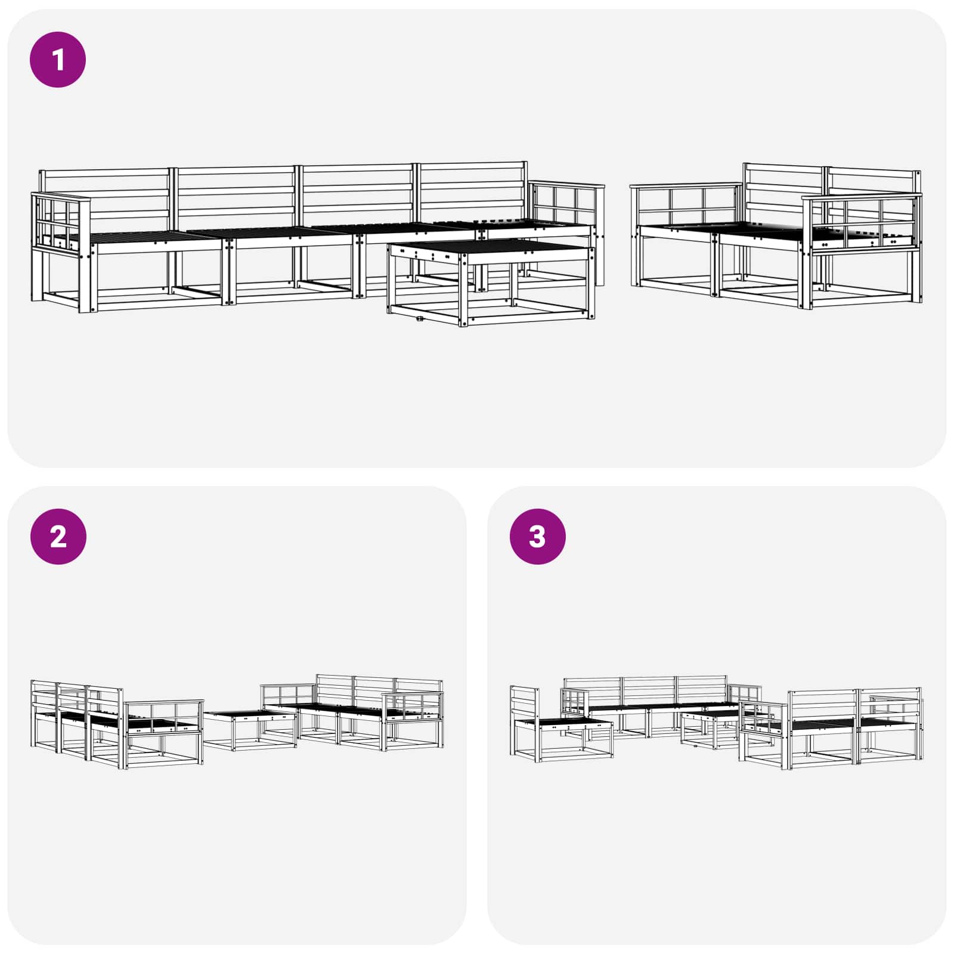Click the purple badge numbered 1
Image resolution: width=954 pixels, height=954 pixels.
(58, 60)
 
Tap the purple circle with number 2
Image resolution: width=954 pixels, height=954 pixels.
(58, 537)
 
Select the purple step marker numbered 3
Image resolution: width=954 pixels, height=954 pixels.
(538, 537)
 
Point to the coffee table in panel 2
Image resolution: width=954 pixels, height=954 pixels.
(250, 730)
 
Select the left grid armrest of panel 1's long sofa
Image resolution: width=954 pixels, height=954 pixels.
(60, 222)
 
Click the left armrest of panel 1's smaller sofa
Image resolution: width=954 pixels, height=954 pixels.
(686, 205)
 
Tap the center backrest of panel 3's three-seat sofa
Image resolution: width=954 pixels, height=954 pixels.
(649, 691)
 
